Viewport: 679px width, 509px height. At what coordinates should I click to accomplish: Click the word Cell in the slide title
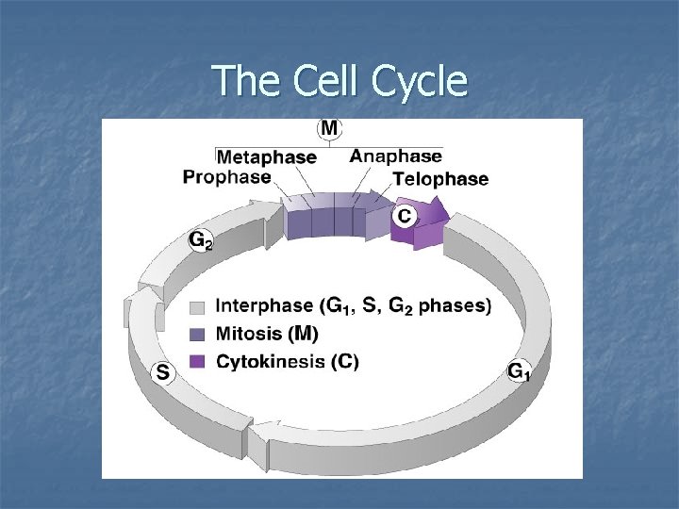tap(322, 82)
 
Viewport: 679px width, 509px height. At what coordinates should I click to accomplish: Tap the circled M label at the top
tap(331, 127)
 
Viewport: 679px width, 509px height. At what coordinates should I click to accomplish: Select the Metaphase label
tap(267, 157)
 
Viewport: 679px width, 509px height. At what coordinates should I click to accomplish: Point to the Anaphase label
tap(395, 156)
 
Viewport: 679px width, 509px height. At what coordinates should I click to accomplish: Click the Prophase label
tap(226, 176)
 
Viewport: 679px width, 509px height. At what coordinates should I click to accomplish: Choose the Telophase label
tap(440, 179)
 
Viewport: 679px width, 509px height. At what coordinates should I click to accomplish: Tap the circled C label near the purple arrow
tap(404, 216)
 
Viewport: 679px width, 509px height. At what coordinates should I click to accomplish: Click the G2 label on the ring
tap(200, 240)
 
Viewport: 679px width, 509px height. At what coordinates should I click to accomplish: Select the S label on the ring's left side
tap(163, 373)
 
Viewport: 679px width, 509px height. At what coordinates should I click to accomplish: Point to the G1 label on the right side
tap(519, 371)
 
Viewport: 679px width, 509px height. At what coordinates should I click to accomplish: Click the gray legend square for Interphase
tap(197, 307)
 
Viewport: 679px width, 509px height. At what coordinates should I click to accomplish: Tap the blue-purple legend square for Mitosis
tap(197, 334)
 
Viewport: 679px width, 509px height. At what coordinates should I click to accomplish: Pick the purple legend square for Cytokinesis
tap(197, 361)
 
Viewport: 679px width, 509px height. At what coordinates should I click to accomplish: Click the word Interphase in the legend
tap(264, 306)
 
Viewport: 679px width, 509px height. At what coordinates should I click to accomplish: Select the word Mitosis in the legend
tap(248, 334)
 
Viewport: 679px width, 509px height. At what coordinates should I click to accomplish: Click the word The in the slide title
tap(242, 82)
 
